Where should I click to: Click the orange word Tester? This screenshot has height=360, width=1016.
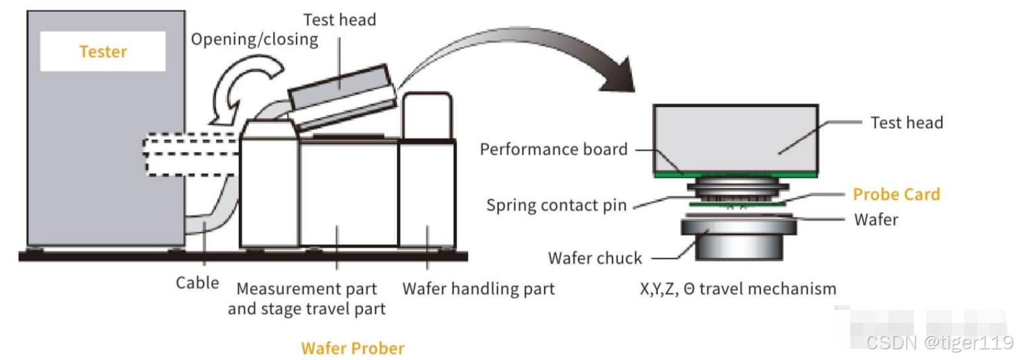(103, 52)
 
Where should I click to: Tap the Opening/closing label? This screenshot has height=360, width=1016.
(254, 40)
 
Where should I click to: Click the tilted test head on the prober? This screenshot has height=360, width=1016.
(342, 96)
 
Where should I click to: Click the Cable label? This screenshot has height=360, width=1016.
(197, 283)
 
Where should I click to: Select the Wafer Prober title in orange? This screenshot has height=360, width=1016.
(352, 348)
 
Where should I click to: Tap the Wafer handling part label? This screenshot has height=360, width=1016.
(478, 288)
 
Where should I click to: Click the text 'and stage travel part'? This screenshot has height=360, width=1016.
(307, 309)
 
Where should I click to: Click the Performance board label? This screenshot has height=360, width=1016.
(554, 150)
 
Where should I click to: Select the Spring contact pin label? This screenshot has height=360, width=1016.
(556, 205)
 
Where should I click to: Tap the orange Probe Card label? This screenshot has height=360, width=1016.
(896, 195)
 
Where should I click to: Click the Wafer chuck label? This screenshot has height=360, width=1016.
(595, 258)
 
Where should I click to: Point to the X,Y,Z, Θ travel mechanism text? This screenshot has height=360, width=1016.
(738, 289)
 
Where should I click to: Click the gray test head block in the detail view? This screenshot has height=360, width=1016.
(735, 138)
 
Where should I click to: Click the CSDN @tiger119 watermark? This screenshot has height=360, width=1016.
(939, 342)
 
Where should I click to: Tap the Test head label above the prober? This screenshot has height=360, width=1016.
(339, 20)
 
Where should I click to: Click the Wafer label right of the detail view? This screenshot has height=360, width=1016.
(876, 220)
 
